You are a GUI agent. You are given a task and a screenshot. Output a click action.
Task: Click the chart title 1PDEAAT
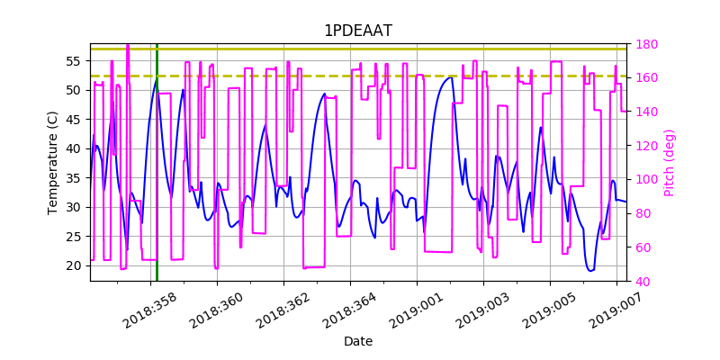tap(358, 31)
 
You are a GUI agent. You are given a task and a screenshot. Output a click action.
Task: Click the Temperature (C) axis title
tap(53, 162)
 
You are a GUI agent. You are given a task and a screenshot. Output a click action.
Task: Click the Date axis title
tap(358, 342)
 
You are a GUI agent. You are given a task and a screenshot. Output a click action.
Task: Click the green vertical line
tap(157, 180)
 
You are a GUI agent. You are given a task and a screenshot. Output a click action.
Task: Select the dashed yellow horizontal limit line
tap(360, 76)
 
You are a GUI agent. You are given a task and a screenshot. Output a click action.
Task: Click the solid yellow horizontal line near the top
tap(360, 49)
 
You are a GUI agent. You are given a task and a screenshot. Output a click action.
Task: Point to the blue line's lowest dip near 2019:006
tap(590, 270)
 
